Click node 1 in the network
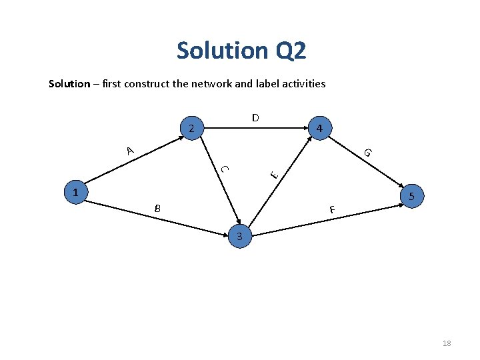pos(75,193)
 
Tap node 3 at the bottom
pos(241,236)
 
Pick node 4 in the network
pos(320,127)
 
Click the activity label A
pos(131,151)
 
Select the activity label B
pos(157,209)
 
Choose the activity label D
pos(255,118)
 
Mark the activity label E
pos(273,174)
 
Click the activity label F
pos(331,211)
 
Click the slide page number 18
pos(447,343)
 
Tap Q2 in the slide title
pos(289,50)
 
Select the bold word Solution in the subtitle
pos(69,83)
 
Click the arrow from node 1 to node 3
pos(160,215)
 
